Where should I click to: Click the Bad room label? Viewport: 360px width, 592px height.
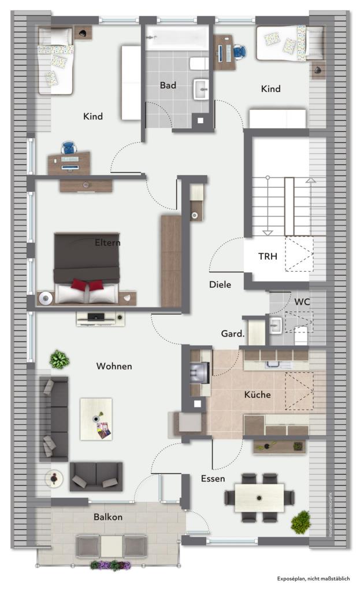pyautogui.click(x=168, y=86)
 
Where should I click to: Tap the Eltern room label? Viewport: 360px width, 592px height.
pyautogui.click(x=107, y=243)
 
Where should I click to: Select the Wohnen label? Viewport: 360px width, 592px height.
pyautogui.click(x=114, y=366)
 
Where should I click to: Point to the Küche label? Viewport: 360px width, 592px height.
pyautogui.click(x=257, y=395)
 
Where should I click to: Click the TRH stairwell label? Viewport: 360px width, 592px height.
pyautogui.click(x=268, y=256)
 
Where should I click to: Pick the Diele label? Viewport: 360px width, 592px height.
pyautogui.click(x=220, y=284)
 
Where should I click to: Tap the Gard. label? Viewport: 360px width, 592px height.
pyautogui.click(x=233, y=334)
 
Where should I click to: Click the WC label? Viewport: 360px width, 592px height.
pyautogui.click(x=302, y=302)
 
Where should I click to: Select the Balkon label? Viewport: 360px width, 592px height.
pyautogui.click(x=108, y=517)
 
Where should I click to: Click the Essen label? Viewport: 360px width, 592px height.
pyautogui.click(x=213, y=479)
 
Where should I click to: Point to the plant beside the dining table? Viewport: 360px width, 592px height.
pyautogui.click(x=300, y=522)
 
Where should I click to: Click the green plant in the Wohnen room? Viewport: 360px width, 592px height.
pyautogui.click(x=59, y=360)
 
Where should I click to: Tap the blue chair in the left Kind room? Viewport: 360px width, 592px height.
pyautogui.click(x=69, y=148)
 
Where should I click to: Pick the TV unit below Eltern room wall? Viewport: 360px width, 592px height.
pyautogui.click(x=100, y=317)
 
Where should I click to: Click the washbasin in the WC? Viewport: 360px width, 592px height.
pyautogui.click(x=275, y=325)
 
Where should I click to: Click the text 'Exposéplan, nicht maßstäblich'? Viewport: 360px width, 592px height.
pyautogui.click(x=313, y=578)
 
